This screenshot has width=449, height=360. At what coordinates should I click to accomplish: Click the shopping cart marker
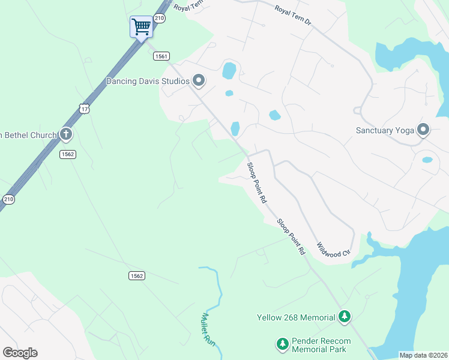[141, 26]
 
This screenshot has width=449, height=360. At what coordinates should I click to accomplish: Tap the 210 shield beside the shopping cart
[159, 19]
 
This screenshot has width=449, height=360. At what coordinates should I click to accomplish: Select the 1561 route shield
[160, 56]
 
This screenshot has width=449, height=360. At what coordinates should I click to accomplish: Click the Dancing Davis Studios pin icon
[199, 81]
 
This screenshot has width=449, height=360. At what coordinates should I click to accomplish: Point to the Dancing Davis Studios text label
[148, 81]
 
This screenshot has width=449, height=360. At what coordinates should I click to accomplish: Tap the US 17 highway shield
[84, 108]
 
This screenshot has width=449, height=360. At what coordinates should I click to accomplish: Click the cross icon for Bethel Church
[66, 135]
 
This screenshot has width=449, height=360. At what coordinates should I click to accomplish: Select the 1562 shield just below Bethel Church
[67, 154]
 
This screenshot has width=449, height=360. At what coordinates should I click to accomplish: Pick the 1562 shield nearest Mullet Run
[136, 275]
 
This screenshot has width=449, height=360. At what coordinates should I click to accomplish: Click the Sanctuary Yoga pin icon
[423, 130]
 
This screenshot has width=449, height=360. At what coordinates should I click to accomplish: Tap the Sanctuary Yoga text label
[384, 130]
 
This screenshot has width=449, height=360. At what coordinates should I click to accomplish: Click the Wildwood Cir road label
[333, 249]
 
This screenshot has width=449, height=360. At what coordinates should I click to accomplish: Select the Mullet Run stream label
[208, 328]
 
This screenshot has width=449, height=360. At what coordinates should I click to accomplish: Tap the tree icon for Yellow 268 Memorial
[344, 316]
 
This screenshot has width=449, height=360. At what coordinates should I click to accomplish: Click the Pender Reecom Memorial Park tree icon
[282, 344]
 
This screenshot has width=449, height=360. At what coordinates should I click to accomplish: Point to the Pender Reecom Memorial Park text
[321, 344]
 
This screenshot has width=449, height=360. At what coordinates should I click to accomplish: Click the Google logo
[20, 353]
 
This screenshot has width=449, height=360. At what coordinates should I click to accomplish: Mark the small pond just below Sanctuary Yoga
[427, 160]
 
